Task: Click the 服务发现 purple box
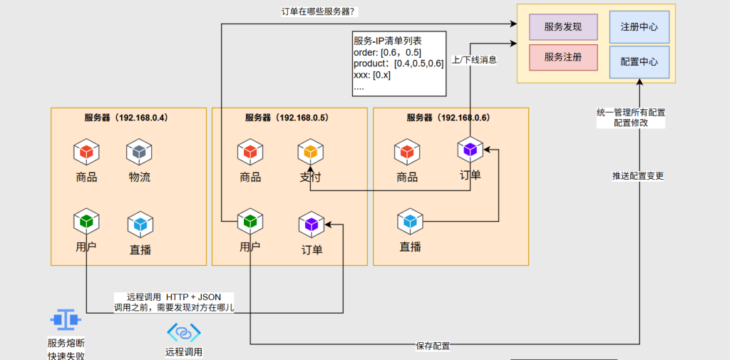coord(562,27)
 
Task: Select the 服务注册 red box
coord(562,57)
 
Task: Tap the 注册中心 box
coord(639,27)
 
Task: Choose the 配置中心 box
coord(639,62)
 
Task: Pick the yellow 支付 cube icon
coord(310,152)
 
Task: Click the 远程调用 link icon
coord(184,332)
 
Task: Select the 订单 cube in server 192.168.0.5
coord(312,224)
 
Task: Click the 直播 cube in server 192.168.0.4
coord(140,225)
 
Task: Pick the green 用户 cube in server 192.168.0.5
coord(250,222)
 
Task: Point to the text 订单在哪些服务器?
coord(319,11)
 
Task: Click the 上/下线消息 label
coord(475,61)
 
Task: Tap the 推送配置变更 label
coord(638,175)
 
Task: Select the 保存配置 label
coord(433,346)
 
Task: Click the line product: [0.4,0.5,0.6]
coord(398,64)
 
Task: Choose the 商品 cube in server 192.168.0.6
coord(406,152)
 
